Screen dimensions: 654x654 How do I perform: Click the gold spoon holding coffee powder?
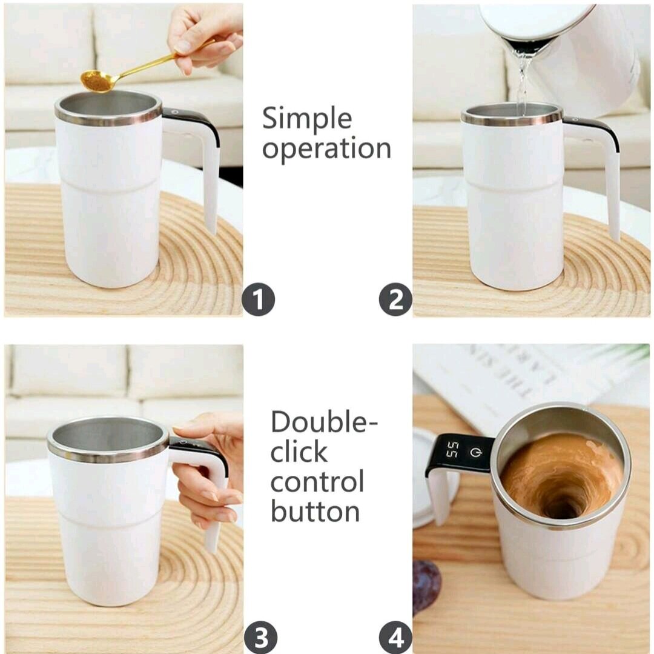tap(100, 81)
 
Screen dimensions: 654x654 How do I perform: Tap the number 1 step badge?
tap(259, 300)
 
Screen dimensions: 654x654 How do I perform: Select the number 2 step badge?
tap(395, 300)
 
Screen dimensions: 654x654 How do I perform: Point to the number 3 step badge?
tap(260, 638)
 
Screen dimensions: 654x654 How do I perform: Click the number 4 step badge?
tap(395, 638)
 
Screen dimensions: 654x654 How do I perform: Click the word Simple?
tap(306, 118)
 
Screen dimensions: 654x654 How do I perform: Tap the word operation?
tap(326, 148)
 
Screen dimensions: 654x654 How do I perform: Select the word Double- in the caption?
tap(319, 422)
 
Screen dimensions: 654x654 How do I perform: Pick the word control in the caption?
tap(317, 482)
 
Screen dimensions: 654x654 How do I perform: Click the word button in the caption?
tap(315, 511)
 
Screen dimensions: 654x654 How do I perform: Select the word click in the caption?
tap(299, 452)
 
